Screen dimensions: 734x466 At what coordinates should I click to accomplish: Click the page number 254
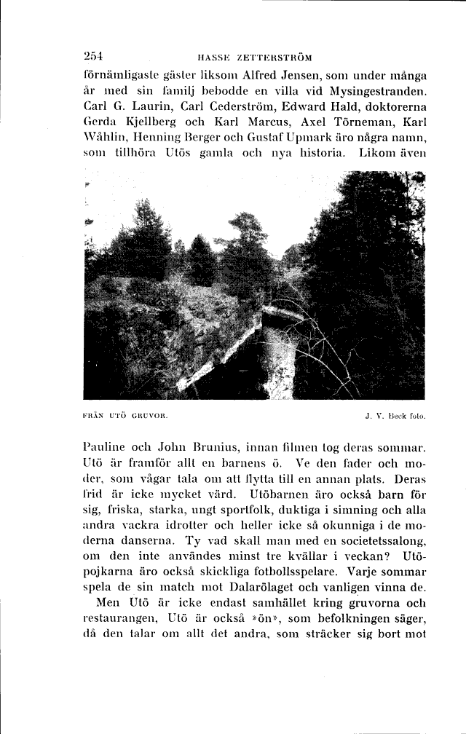point(95,56)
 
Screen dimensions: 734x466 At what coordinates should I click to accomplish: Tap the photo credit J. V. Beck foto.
point(395,418)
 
